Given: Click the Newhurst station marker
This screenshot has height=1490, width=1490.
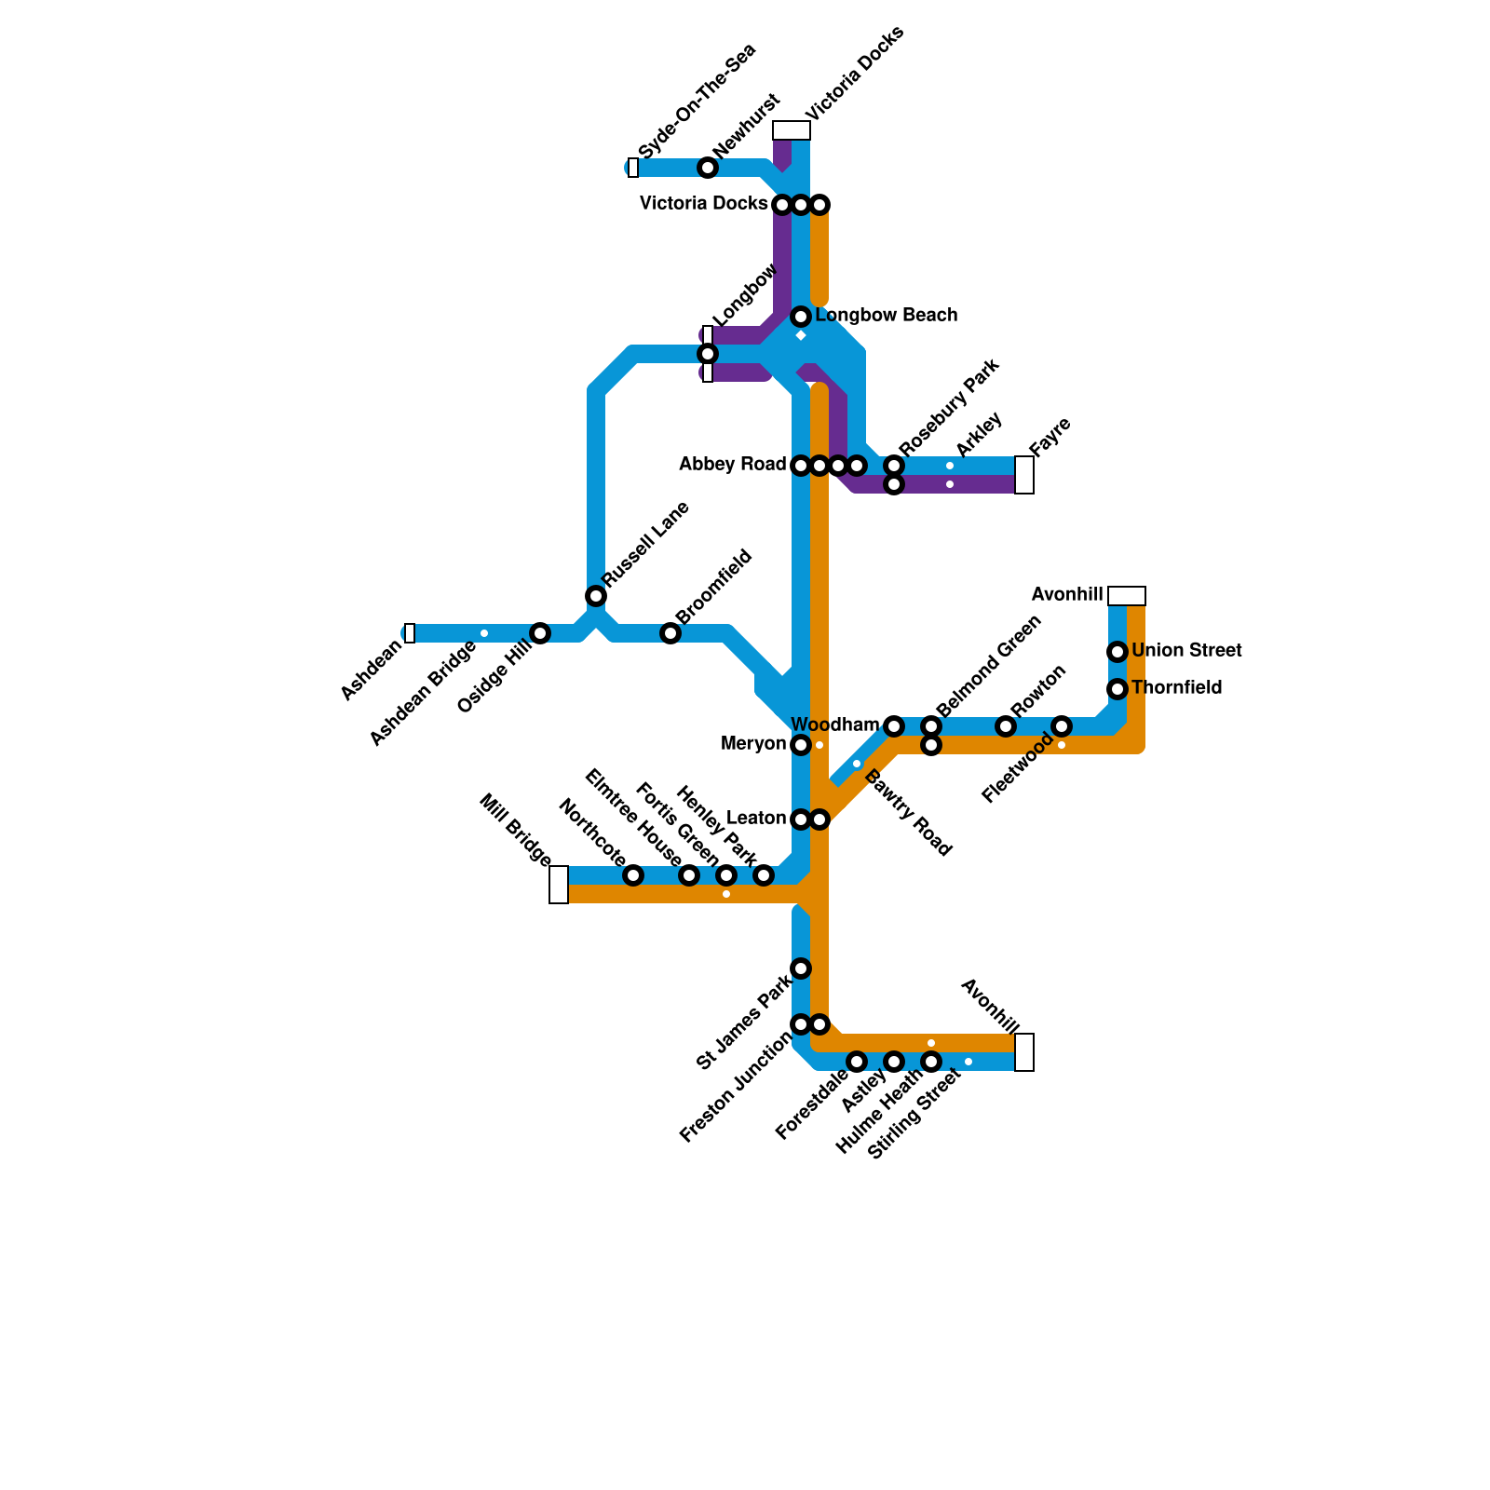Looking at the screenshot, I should pyautogui.click(x=708, y=168).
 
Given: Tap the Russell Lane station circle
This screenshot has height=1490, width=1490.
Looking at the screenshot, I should pyautogui.click(x=596, y=596).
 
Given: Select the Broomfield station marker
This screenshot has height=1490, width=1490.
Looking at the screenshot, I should pyautogui.click(x=670, y=633).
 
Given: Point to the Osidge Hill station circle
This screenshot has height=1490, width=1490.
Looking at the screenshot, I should pyautogui.click(x=540, y=633).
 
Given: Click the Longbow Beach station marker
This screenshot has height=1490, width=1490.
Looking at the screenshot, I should pyautogui.click(x=801, y=317).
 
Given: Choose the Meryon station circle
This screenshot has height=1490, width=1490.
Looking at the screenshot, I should pyautogui.click(x=801, y=745).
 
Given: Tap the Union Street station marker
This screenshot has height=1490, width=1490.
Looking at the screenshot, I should pyautogui.click(x=1117, y=652).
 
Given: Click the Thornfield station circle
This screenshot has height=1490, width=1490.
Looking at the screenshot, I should pyautogui.click(x=1117, y=689).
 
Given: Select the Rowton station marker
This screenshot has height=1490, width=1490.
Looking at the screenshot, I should pyautogui.click(x=1006, y=726).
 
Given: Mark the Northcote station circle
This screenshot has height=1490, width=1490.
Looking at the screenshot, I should pyautogui.click(x=633, y=875).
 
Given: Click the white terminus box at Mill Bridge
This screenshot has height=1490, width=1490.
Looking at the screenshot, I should pyautogui.click(x=559, y=885).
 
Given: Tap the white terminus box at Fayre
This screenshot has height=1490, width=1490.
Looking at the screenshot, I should pyautogui.click(x=1024, y=475).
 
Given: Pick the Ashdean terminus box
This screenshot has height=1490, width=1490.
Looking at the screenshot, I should pyautogui.click(x=410, y=633).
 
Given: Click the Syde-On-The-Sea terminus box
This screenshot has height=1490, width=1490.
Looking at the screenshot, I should pyautogui.click(x=633, y=168).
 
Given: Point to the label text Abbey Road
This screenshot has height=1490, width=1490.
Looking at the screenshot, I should pyautogui.click(x=733, y=465).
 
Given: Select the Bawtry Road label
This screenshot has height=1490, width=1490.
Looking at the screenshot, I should pyautogui.click(x=908, y=813).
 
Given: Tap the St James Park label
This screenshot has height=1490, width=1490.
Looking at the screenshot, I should pyautogui.click(x=743, y=1023).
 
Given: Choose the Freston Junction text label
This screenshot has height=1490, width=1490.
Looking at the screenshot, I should pyautogui.click(x=736, y=1088).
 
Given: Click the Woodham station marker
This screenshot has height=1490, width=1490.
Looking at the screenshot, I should pyautogui.click(x=894, y=726).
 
